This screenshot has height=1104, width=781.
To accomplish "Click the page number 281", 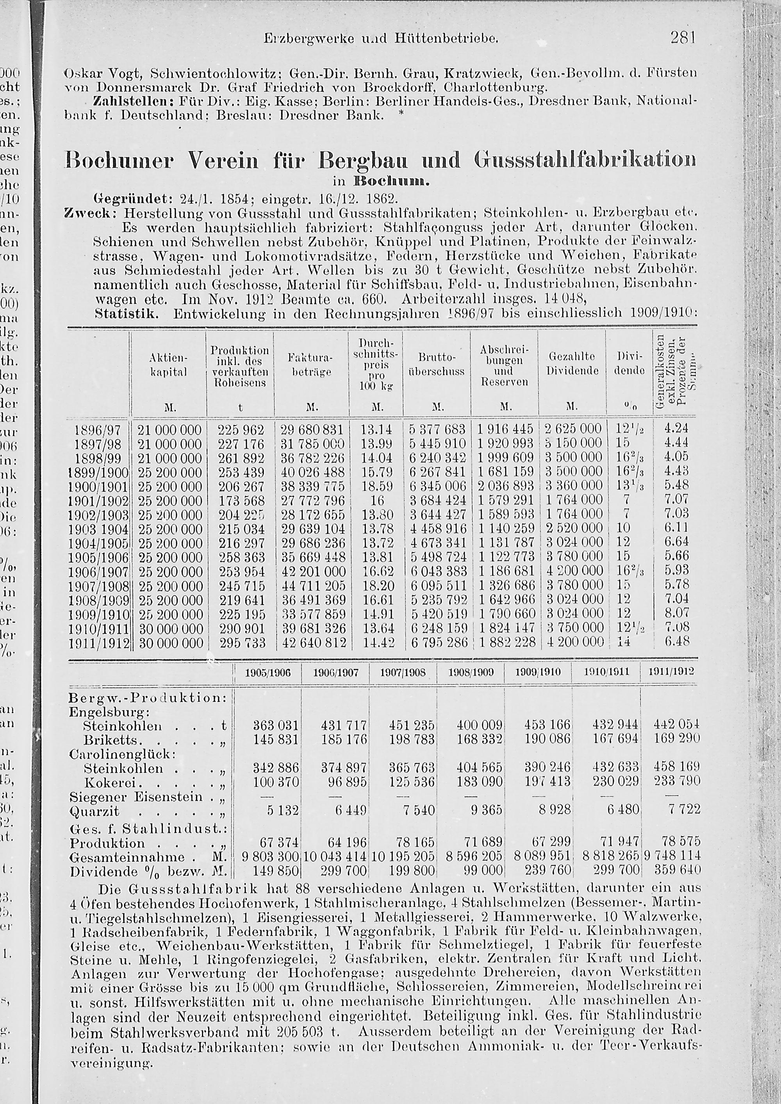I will (x=683, y=37).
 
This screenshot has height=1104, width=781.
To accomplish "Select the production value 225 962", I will (x=241, y=429).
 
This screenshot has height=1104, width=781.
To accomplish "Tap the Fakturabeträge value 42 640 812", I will (x=312, y=643).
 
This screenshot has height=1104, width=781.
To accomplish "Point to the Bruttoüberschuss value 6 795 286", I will (x=438, y=643).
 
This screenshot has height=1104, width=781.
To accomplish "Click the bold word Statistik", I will (x=126, y=315).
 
